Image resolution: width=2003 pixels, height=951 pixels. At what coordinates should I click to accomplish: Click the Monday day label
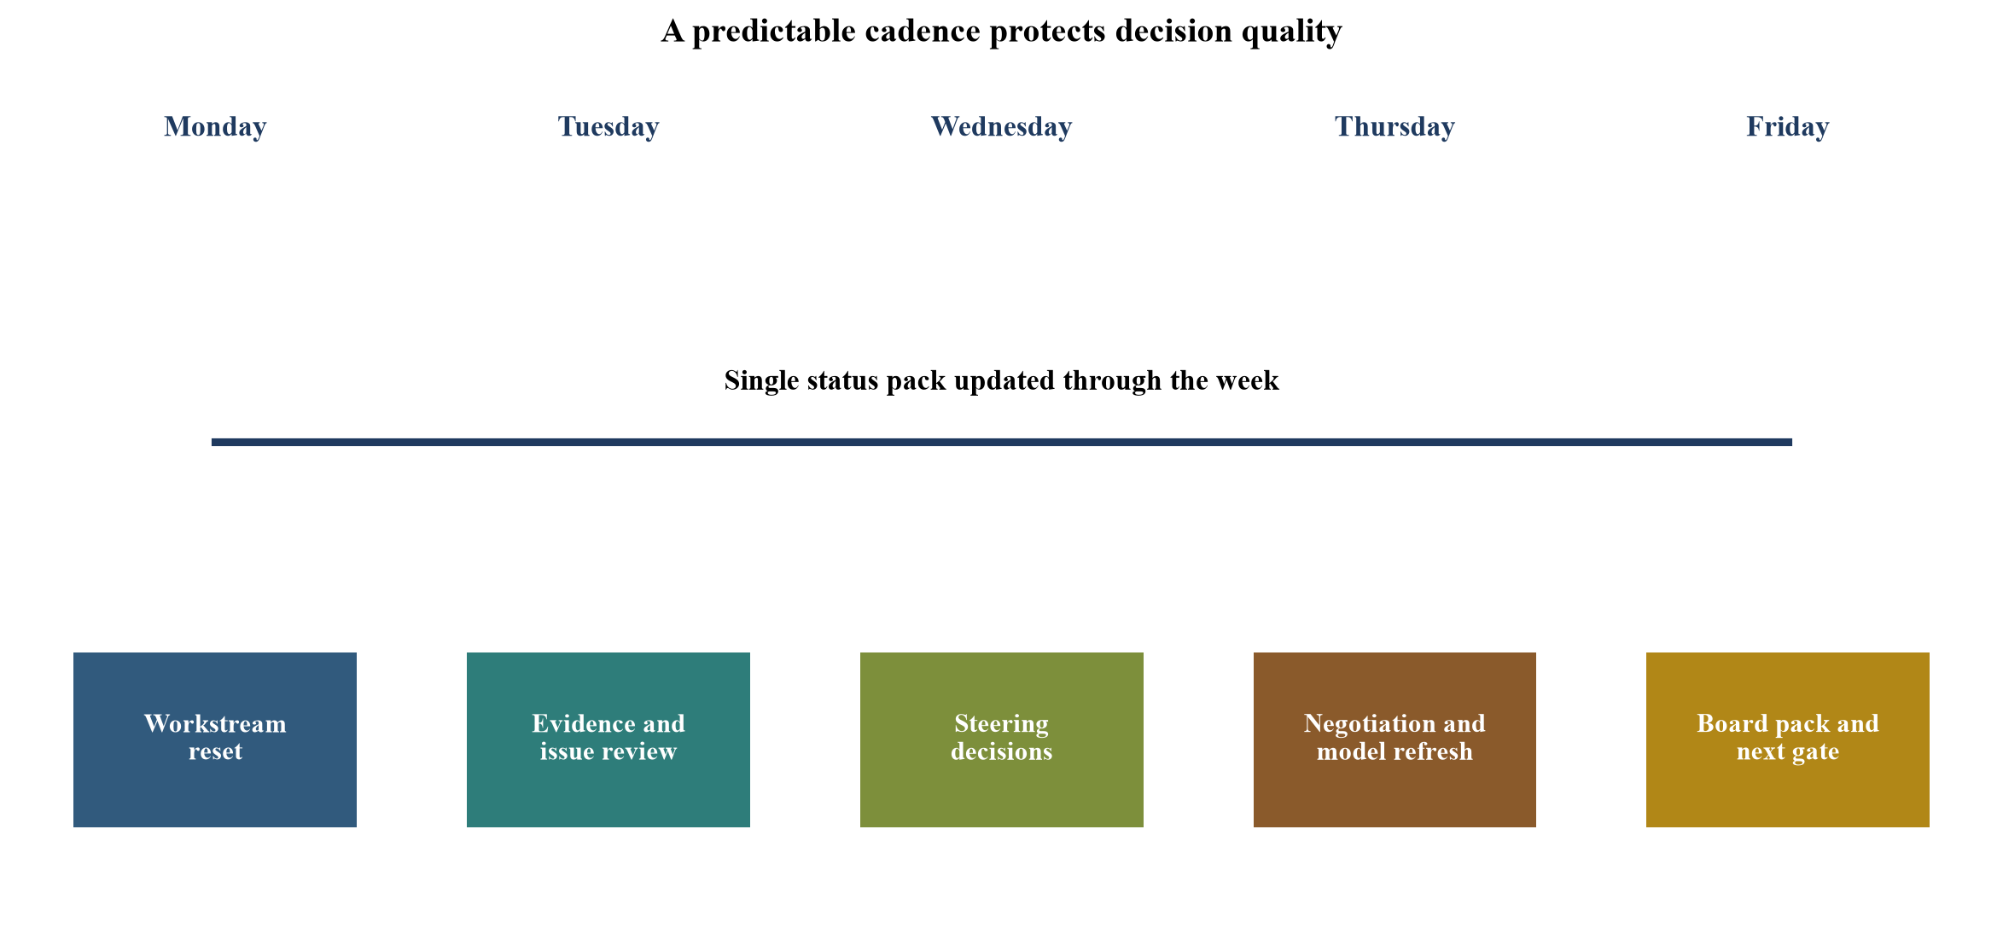(215, 127)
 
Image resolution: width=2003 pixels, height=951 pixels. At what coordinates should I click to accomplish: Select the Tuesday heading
(608, 127)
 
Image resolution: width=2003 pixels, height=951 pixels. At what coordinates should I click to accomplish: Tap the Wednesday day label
(1001, 127)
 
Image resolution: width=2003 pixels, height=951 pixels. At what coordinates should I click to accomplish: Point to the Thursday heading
(1395, 127)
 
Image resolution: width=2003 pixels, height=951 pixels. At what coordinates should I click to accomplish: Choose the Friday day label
(1787, 127)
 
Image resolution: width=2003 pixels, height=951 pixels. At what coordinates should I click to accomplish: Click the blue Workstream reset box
(215, 739)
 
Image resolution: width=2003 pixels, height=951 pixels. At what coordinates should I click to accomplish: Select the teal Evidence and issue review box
(608, 739)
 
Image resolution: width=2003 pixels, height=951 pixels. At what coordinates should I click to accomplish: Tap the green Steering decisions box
(1002, 739)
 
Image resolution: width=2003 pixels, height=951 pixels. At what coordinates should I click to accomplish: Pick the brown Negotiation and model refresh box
(1395, 739)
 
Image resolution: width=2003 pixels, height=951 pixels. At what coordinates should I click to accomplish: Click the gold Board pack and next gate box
(1788, 739)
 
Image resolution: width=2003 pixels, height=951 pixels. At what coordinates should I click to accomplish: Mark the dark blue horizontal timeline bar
(1002, 442)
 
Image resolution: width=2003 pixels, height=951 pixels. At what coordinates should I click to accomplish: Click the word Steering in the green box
(1001, 725)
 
